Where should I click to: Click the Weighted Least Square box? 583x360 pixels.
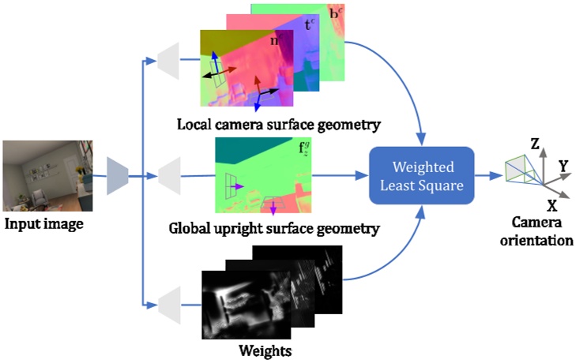click(421, 174)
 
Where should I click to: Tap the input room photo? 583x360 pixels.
click(48, 175)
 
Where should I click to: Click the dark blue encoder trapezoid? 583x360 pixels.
click(118, 174)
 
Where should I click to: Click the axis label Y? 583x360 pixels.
click(563, 167)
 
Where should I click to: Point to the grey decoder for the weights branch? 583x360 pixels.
click(170, 302)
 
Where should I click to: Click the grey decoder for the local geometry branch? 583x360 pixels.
click(170, 57)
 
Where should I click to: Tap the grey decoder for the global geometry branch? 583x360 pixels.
click(170, 174)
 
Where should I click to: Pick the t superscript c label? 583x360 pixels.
click(309, 24)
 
